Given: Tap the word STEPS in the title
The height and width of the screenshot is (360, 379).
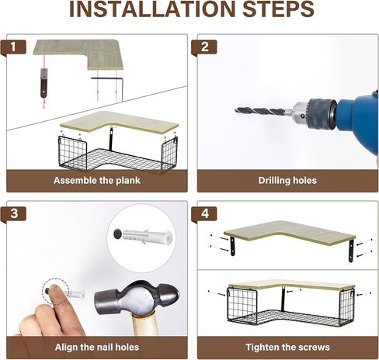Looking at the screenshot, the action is [278, 9].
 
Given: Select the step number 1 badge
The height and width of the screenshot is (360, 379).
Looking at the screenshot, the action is [13, 47].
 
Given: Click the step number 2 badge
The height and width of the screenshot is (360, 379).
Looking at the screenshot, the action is [204, 47].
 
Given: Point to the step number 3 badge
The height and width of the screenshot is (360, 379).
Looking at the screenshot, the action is [14, 214].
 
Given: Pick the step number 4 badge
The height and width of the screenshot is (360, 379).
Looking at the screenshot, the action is [204, 214].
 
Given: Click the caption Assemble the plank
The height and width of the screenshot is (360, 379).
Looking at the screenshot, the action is [97, 181].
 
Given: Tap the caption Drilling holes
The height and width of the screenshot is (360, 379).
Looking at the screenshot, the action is [287, 181].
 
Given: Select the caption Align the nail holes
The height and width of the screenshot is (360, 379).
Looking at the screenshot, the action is [97, 347].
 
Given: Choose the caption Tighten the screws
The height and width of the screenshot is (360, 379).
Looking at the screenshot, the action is [287, 347].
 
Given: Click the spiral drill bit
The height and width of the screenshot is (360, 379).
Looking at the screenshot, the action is [263, 111].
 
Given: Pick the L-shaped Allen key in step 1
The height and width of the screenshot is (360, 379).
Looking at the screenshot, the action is [112, 78].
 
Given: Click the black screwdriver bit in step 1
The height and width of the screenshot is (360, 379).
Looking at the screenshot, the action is [44, 83].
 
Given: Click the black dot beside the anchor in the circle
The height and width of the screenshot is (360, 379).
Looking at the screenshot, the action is [118, 234].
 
